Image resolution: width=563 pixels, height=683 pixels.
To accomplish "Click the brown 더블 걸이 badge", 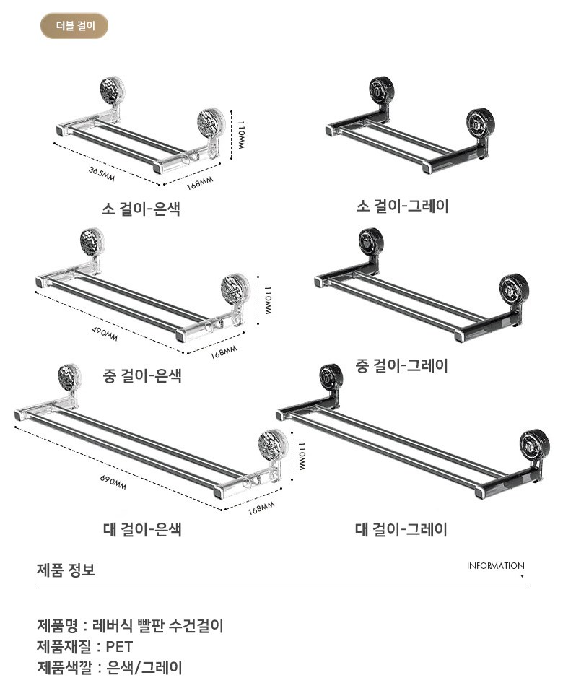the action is pyautogui.click(x=74, y=26).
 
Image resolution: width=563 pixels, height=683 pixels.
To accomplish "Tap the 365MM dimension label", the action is pyautogui.click(x=102, y=174).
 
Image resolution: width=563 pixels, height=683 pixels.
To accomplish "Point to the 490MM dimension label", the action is pyautogui.click(x=105, y=334).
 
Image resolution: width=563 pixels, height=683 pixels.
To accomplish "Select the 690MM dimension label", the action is pyautogui.click(x=113, y=482).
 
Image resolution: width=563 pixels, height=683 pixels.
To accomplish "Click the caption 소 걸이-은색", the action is pyautogui.click(x=141, y=208).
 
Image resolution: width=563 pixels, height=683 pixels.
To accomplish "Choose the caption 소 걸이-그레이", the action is pyautogui.click(x=402, y=206).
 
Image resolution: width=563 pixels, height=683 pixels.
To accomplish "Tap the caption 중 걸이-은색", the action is pyautogui.click(x=142, y=375).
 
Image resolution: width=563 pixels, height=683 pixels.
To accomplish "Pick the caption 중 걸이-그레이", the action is pyautogui.click(x=401, y=365).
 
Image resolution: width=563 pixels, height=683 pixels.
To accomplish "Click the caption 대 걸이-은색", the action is pyautogui.click(x=142, y=529).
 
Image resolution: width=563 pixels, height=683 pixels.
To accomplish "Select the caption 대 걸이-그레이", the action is pyautogui.click(x=401, y=529).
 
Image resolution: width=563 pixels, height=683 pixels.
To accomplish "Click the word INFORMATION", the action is pyautogui.click(x=495, y=566).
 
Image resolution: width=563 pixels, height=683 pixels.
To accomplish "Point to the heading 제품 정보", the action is pyautogui.click(x=66, y=570).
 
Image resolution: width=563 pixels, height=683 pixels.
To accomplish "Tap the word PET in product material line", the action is pyautogui.click(x=119, y=647).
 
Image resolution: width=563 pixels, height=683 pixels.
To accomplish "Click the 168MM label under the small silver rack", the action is pyautogui.click(x=200, y=183).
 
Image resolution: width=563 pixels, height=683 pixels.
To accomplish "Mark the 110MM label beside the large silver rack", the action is pyautogui.click(x=301, y=456).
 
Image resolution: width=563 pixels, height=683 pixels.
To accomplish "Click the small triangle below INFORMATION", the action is pyautogui.click(x=522, y=576).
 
